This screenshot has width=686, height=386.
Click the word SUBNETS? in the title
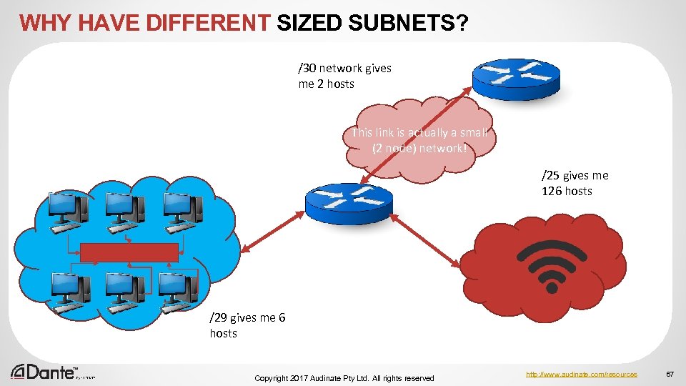coord(409,23)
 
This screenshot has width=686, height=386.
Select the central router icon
coord(348,199)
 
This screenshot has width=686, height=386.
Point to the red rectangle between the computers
coord(129,252)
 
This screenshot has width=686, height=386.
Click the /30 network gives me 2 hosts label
coord(344,76)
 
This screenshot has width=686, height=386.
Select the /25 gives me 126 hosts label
coord(575,183)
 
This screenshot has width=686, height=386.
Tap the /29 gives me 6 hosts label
coord(247,325)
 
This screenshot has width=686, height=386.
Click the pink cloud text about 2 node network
coord(419,140)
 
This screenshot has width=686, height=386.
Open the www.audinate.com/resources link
coord(582,374)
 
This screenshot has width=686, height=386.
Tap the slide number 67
coord(670,374)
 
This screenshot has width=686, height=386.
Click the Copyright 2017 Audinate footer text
coord(344,377)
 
